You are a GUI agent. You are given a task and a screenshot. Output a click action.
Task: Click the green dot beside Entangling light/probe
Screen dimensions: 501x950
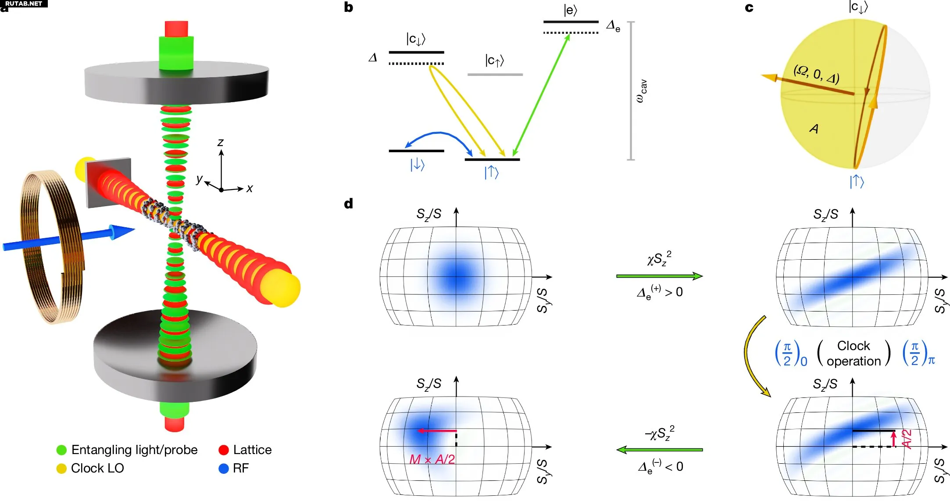(x=61, y=450)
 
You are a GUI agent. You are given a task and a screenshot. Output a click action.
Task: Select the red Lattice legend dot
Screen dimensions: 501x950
(x=224, y=450)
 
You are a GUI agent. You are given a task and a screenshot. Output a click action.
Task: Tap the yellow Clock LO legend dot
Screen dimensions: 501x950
(x=61, y=469)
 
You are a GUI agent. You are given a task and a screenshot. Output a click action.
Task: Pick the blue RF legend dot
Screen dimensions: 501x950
(x=224, y=469)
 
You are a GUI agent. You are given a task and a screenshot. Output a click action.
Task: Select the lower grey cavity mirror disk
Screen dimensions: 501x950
(x=175, y=355)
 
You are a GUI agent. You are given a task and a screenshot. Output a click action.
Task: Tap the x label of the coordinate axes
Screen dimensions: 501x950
(x=250, y=189)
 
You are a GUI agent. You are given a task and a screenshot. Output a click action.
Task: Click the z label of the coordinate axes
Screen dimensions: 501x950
(x=221, y=143)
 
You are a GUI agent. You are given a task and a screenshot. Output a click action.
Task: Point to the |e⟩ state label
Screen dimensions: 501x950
(x=570, y=10)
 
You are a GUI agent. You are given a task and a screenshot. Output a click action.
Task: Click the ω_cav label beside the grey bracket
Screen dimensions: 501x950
(x=641, y=91)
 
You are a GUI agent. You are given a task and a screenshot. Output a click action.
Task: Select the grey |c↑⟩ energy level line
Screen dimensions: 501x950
(x=495, y=75)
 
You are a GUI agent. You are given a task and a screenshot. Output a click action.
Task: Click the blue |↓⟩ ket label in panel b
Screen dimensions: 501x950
(x=417, y=165)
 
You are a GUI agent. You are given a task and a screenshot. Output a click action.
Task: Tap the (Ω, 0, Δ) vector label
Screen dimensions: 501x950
(x=816, y=74)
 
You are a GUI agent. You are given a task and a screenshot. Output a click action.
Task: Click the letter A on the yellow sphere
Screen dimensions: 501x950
(x=814, y=129)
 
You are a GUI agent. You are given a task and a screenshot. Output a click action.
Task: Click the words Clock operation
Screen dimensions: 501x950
(x=854, y=353)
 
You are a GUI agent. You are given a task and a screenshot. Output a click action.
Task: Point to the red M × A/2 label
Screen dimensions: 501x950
(x=432, y=459)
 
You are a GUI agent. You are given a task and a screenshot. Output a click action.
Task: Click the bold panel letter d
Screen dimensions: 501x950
(x=349, y=204)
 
